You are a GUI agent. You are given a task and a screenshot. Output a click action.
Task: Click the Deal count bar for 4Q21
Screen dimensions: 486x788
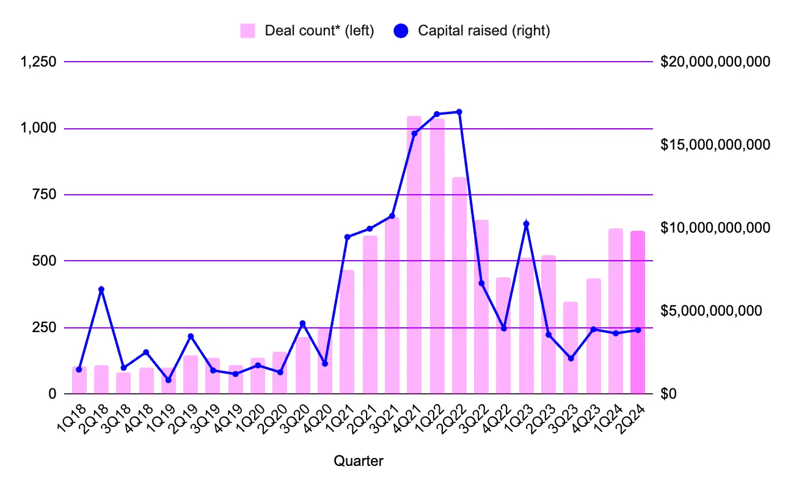414,256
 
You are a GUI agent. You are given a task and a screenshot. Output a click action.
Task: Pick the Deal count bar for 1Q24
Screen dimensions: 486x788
616,311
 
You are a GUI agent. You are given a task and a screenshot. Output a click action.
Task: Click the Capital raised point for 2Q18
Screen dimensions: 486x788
101,289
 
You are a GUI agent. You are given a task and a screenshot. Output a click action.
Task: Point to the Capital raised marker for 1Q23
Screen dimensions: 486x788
527,224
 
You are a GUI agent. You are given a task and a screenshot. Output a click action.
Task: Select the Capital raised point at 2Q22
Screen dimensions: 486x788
459,112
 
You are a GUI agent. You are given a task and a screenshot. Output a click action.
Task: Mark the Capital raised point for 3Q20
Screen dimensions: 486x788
302,324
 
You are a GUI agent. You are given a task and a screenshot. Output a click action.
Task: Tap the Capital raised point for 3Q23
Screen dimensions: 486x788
571,358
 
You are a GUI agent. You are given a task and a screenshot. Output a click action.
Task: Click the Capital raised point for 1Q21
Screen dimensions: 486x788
348,237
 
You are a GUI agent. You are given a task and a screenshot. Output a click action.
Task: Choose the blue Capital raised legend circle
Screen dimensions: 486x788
401,31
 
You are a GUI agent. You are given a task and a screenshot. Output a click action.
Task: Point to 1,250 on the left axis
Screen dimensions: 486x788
38,62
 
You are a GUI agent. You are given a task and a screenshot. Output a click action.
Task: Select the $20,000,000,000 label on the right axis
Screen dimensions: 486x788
715,62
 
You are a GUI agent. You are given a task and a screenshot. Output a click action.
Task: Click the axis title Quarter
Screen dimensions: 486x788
358,462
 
